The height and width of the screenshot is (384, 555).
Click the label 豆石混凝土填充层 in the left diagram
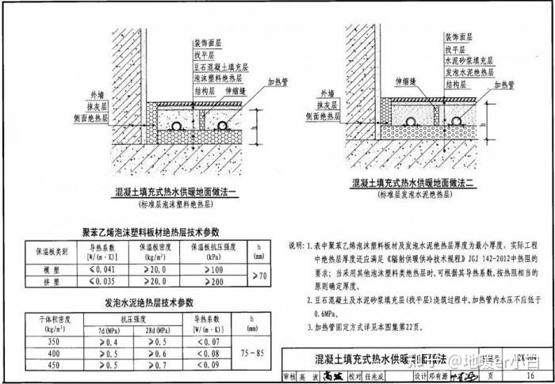(221, 69)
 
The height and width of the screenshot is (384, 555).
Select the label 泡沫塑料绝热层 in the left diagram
(218, 80)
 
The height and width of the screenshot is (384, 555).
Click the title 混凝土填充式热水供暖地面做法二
(415, 183)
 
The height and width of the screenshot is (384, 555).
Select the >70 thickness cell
(258, 276)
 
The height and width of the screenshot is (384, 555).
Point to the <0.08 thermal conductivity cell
(205, 353)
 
